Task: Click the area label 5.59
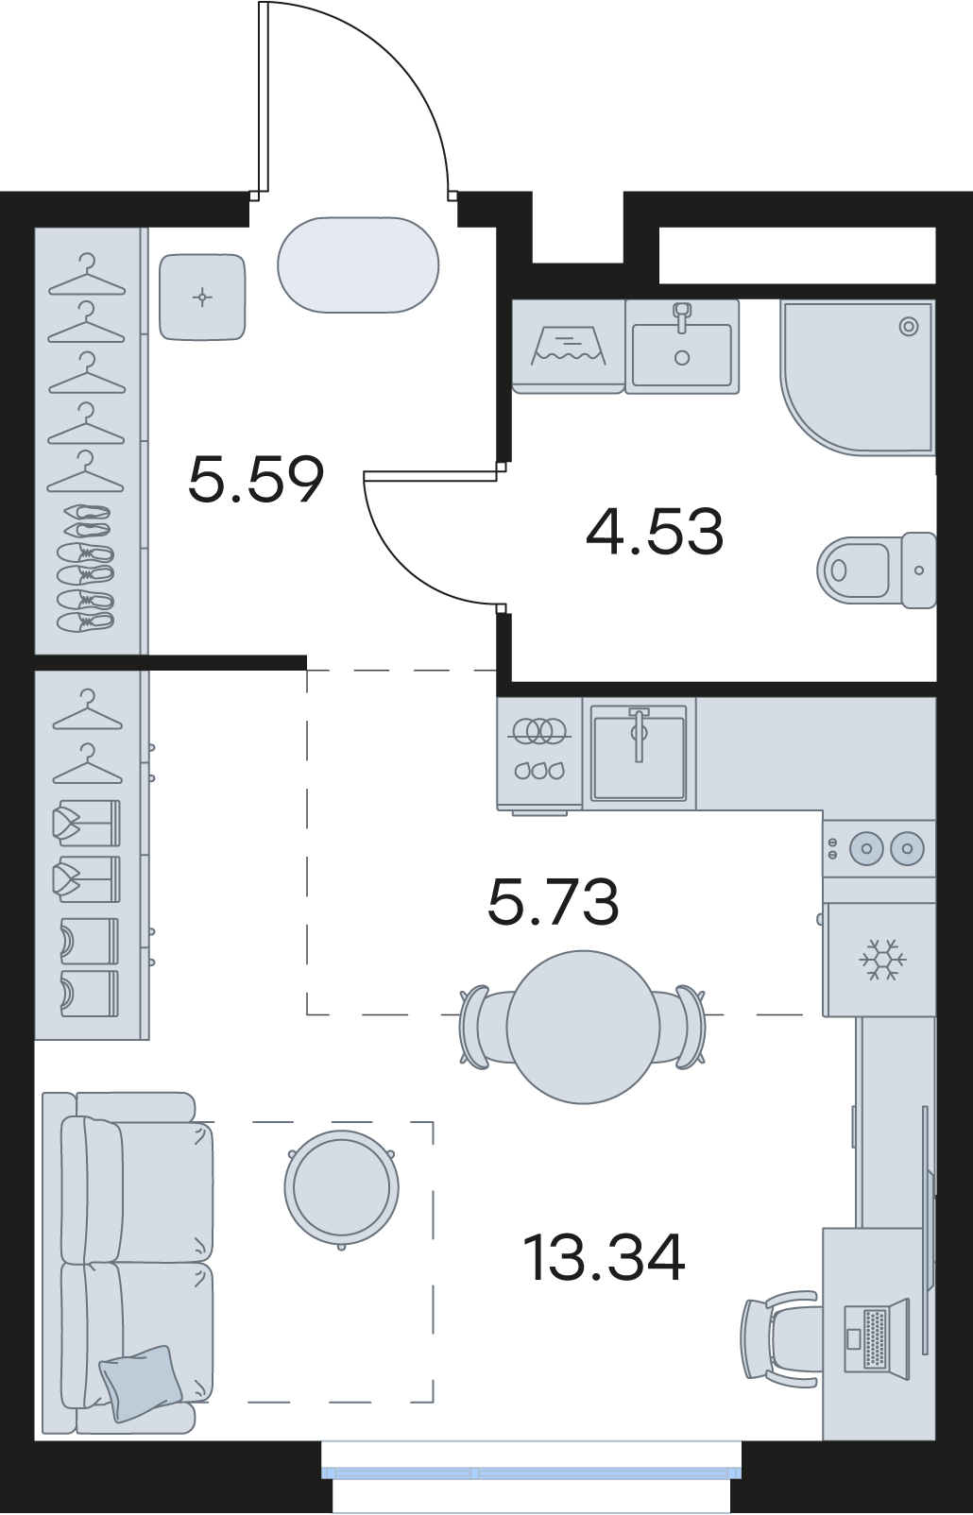pos(256,480)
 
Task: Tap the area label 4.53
pos(655,532)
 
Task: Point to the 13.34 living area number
pos(605,1257)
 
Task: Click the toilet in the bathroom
pos(877,570)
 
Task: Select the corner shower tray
pos(858,377)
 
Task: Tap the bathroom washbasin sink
pos(682,347)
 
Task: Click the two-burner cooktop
pos(879,848)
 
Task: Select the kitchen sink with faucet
pos(639,753)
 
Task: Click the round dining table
pos(583,1027)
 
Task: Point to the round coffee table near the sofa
pos(342,1187)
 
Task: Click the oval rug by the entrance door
pos(358,265)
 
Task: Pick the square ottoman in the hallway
pos(202,297)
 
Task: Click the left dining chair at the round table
pos(483,1027)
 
